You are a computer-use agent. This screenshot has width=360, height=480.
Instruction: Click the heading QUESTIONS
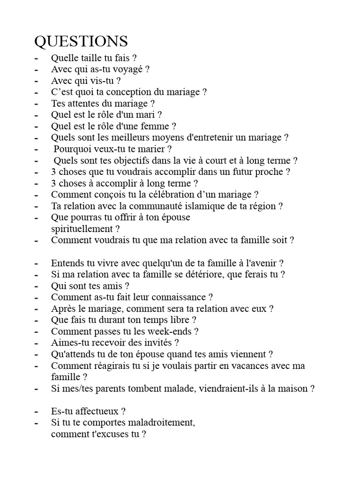(x=81, y=41)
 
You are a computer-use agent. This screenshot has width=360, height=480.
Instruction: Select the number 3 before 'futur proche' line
(x=54, y=172)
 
